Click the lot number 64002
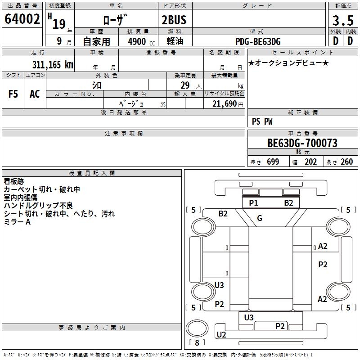click(x=22, y=19)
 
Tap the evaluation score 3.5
click(x=342, y=21)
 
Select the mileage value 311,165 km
click(x=52, y=64)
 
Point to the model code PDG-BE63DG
click(x=258, y=41)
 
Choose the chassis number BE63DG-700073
click(x=302, y=143)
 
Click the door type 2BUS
click(x=174, y=20)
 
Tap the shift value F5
click(x=13, y=94)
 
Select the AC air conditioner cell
click(x=35, y=94)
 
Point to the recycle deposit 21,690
click(x=226, y=104)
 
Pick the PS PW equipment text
click(x=262, y=121)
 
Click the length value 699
click(x=273, y=162)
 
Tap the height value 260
click(x=346, y=162)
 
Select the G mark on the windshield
click(x=260, y=219)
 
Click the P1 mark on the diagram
click(x=253, y=203)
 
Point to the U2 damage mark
click(x=221, y=335)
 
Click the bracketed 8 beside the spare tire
click(x=197, y=342)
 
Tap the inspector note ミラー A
click(x=17, y=222)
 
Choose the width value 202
click(x=310, y=162)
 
